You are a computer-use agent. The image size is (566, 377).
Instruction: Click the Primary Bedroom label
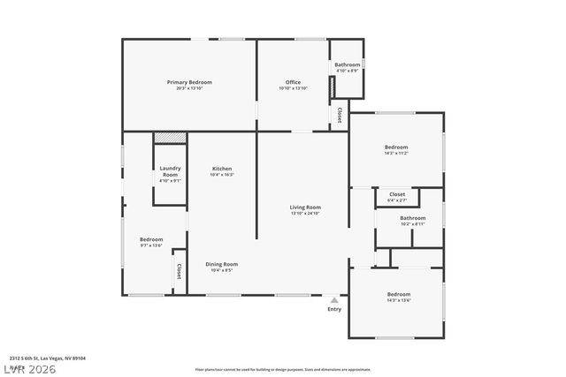point(189,82)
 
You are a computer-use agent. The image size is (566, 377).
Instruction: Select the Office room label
point(292,82)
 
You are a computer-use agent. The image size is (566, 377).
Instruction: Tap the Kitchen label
point(221,169)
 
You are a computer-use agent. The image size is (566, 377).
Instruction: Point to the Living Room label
point(305,207)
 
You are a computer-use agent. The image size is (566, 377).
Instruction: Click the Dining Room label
point(221,264)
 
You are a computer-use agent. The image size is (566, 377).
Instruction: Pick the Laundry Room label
point(170,171)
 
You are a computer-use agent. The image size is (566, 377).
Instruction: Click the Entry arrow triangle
point(334,300)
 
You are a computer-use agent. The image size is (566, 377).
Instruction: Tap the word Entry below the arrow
point(334,309)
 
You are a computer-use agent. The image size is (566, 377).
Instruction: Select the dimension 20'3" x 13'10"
point(189,88)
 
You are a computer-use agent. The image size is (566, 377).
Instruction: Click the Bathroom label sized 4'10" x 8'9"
point(347,64)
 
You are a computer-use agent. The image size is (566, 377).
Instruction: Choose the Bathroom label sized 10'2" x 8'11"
point(412,218)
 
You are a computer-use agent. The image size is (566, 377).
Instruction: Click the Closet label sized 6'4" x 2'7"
point(397,194)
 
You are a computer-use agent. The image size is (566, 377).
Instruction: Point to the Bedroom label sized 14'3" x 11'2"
point(395,147)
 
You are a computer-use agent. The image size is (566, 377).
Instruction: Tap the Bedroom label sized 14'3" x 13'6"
point(398,294)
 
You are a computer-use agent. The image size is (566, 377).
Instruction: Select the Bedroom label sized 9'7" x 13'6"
point(151,239)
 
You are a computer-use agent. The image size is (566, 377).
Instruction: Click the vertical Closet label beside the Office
point(340,115)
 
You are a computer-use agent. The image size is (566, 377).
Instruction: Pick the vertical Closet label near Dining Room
point(179,271)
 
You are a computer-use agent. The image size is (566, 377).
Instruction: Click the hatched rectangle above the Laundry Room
point(170,137)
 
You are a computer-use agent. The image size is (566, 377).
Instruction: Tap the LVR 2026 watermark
point(28,367)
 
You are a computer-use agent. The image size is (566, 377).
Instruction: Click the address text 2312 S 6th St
point(35,358)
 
